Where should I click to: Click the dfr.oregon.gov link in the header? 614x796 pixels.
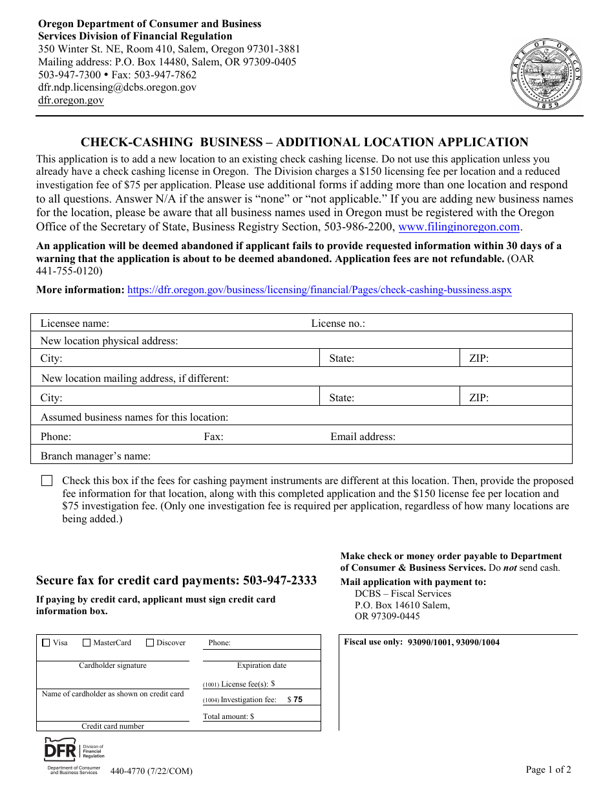pos(71,100)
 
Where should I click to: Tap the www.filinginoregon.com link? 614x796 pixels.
pos(459,227)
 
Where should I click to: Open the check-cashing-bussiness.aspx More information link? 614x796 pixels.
pos(319,290)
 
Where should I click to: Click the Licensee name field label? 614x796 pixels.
pos(75,324)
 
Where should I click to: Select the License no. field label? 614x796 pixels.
pos(338,324)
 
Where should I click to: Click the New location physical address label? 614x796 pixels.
pos(109,341)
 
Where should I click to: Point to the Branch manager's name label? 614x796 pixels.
pos(96,456)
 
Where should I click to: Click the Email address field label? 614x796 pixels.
pos(363,437)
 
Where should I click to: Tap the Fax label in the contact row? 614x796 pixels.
pos(213,437)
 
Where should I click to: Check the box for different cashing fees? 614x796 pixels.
pos(47,481)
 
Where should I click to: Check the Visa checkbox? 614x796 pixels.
pos(46,643)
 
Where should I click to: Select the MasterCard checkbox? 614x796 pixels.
pos(87,643)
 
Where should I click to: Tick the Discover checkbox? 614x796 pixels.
pos(150,643)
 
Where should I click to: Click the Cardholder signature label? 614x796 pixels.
pos(112,665)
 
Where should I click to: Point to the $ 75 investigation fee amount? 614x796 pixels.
pos(295,700)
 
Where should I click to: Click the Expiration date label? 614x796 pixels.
pos(261,665)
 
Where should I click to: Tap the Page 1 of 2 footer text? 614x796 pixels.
pos(548,769)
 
